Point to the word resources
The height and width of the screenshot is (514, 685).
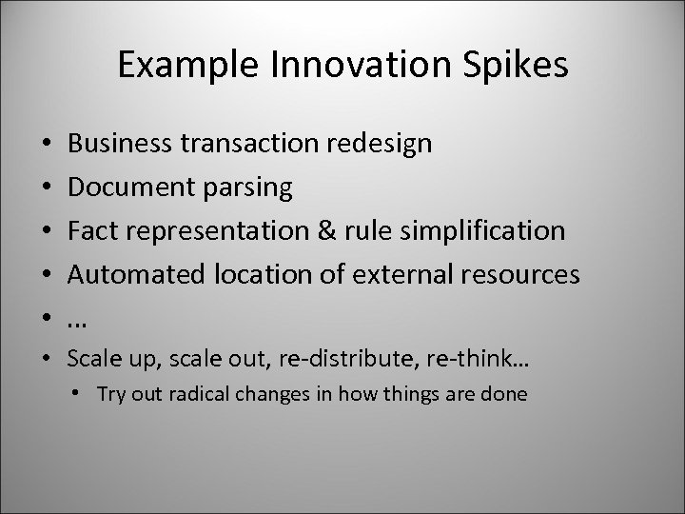tap(517, 275)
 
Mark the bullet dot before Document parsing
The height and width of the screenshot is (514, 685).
tap(47, 188)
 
